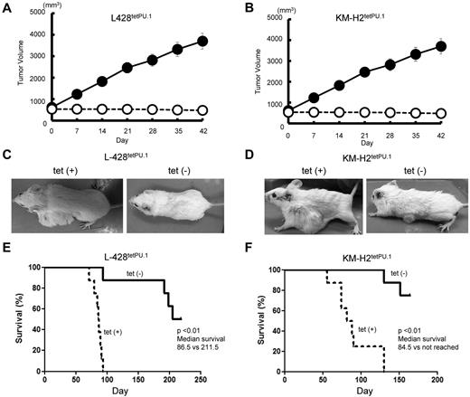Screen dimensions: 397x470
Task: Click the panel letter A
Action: pos(7,7)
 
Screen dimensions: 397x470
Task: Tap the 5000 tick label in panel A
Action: pos(35,13)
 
